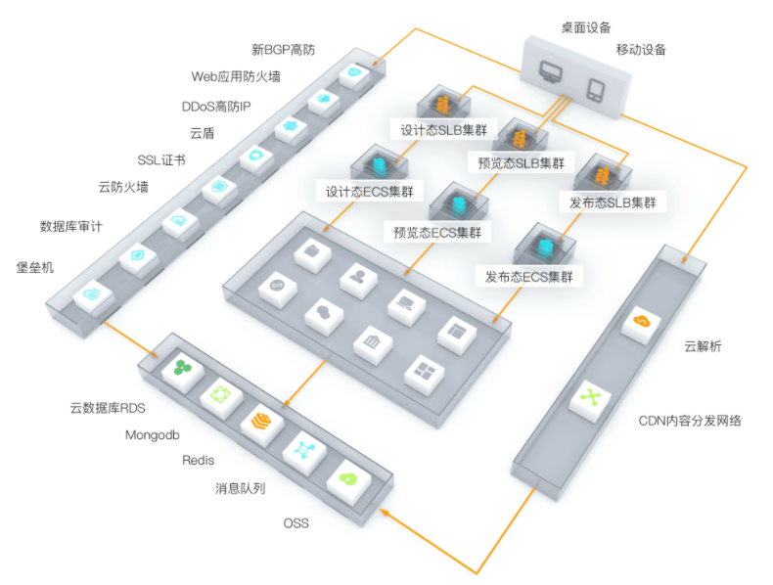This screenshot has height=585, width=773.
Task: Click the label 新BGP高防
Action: [x=283, y=50]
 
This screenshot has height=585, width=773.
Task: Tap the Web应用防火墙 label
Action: [x=236, y=76]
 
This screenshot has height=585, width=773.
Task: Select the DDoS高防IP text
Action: [x=216, y=107]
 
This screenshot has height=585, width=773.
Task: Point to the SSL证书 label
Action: [x=161, y=160]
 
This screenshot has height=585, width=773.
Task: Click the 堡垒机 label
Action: [x=35, y=268]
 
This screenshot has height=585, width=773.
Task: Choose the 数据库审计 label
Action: [x=71, y=226]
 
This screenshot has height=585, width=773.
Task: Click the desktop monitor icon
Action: [x=550, y=72]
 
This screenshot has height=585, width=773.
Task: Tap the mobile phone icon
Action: [x=596, y=90]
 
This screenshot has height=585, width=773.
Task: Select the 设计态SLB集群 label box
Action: [x=443, y=130]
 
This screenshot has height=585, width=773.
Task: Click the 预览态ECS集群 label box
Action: [x=437, y=232]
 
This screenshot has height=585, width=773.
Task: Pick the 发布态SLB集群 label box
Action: [x=613, y=202]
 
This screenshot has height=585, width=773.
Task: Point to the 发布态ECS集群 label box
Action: [x=529, y=277]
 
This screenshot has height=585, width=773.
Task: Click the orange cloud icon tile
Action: [x=640, y=324]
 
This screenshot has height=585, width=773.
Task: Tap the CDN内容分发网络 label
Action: [x=690, y=421]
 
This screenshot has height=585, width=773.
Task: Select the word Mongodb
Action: [x=153, y=435]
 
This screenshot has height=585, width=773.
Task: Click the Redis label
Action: [x=199, y=461]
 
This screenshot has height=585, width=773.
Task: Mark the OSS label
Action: [x=296, y=523]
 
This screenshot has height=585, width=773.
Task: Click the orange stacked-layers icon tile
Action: [x=261, y=423]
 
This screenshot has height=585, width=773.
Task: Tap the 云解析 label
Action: [x=703, y=346]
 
